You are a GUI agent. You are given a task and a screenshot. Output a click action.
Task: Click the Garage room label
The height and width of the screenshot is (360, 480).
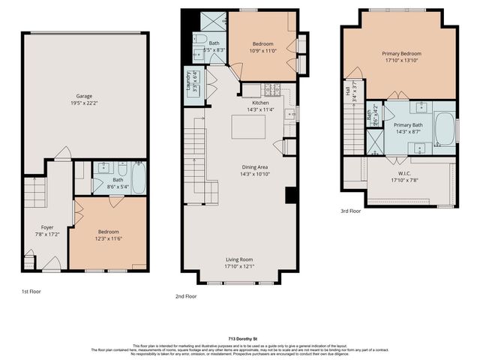(x=83, y=96)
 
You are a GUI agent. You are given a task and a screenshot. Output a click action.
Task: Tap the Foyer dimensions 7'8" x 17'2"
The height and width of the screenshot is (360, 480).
(x=48, y=234)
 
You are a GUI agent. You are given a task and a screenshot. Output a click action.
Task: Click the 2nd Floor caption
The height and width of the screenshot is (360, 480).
(x=185, y=296)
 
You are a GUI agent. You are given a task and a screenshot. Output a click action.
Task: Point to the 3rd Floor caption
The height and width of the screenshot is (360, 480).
(x=351, y=212)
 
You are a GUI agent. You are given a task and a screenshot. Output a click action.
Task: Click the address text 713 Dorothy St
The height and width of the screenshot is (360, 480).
(x=240, y=338)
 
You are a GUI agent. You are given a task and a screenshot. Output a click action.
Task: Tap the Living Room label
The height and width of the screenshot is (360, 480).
(x=239, y=259)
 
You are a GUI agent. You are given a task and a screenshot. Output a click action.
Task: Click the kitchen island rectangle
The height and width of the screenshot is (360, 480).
(x=247, y=127)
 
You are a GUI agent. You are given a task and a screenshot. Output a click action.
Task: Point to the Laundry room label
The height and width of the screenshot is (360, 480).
(x=189, y=79)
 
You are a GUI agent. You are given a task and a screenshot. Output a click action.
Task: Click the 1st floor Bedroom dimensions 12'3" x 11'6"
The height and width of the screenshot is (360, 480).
(x=107, y=238)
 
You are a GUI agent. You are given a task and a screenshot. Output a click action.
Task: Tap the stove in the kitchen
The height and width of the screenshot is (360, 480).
(x=272, y=90)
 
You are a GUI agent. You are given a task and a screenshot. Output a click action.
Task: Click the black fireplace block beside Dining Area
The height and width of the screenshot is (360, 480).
(x=290, y=195)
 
